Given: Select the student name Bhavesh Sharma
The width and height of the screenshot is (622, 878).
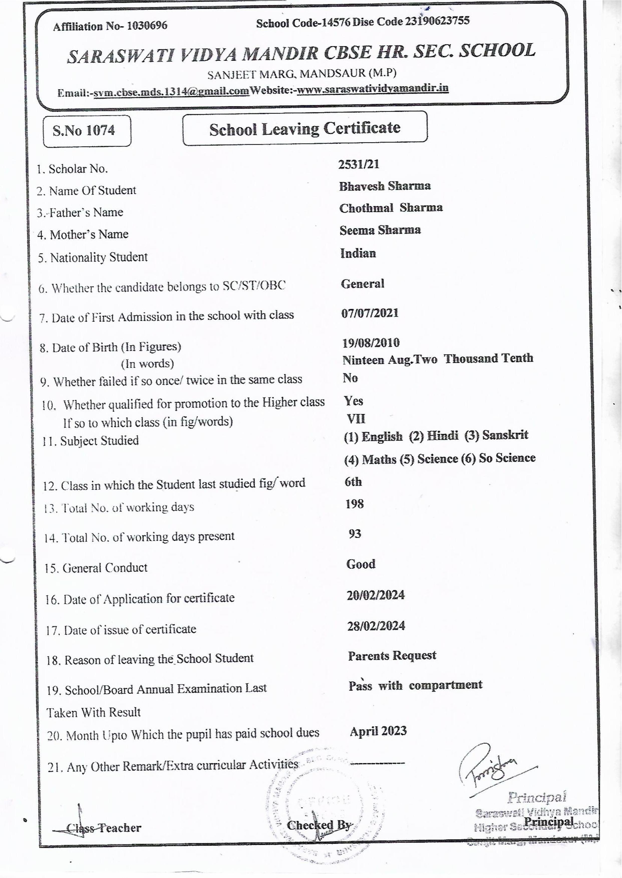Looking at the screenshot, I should point(385,186).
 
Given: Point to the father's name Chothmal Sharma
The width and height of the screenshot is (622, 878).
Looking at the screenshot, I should point(391,208).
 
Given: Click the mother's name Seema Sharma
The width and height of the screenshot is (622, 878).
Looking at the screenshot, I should point(380,230).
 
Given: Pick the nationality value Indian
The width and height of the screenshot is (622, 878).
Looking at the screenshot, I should point(358,253).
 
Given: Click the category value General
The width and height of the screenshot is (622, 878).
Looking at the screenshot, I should point(362,283).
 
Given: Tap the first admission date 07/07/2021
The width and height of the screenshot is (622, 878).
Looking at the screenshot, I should point(370,313).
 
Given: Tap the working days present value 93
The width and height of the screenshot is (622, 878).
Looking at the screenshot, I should point(355,533).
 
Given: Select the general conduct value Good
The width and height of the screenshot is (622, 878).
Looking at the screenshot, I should point(361,564).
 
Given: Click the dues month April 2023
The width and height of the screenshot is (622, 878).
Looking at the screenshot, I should point(378,731).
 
